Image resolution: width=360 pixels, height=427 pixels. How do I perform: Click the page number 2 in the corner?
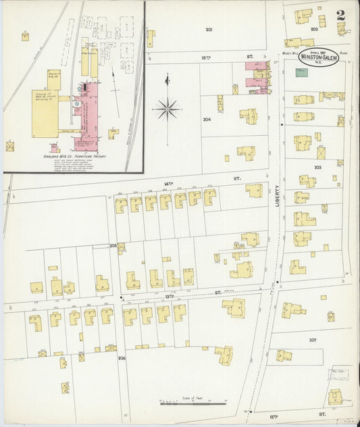tap(343, 14)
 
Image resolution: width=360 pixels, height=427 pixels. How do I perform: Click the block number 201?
tap(209, 30)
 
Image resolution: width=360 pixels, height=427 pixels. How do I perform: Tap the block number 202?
tap(314, 29)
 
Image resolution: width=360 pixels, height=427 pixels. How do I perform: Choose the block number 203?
tap(317, 166)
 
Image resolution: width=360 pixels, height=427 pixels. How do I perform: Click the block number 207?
tap(313, 340)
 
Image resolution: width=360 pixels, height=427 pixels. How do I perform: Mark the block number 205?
tap(113, 246)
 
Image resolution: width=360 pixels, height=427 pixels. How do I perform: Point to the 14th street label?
tap(169, 180)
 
